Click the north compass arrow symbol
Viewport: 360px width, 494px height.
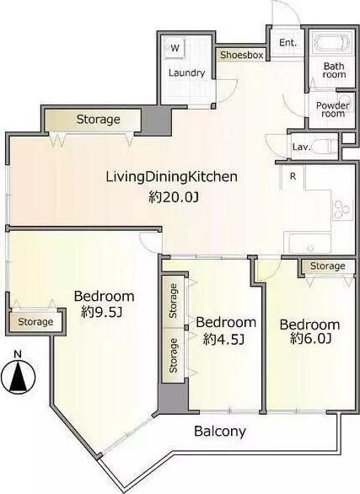pos(19,377)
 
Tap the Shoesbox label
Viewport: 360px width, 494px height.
pos(242,55)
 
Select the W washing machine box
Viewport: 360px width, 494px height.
pos(175,48)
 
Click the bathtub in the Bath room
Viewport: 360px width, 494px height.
pos(331,43)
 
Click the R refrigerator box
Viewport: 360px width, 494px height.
pos(293,177)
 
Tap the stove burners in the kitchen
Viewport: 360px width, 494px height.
pos(342,209)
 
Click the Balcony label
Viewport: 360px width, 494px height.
pos(220,431)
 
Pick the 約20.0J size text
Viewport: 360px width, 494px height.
pos(174,197)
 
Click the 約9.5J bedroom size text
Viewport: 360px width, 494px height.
pos(102,312)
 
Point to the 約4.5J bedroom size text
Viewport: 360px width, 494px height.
pos(223,339)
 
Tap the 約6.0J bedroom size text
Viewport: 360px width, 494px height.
pos(310,338)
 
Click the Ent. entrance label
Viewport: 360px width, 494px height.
pos(287,42)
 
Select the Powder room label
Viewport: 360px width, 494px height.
pos(332,110)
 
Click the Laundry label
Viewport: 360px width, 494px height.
pos(187,73)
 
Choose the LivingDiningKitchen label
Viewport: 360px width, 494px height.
pos(172,177)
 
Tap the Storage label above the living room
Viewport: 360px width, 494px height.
pos(99,120)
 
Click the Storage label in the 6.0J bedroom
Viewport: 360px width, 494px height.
pos(328,266)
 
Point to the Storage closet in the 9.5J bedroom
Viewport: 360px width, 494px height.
pos(35,322)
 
